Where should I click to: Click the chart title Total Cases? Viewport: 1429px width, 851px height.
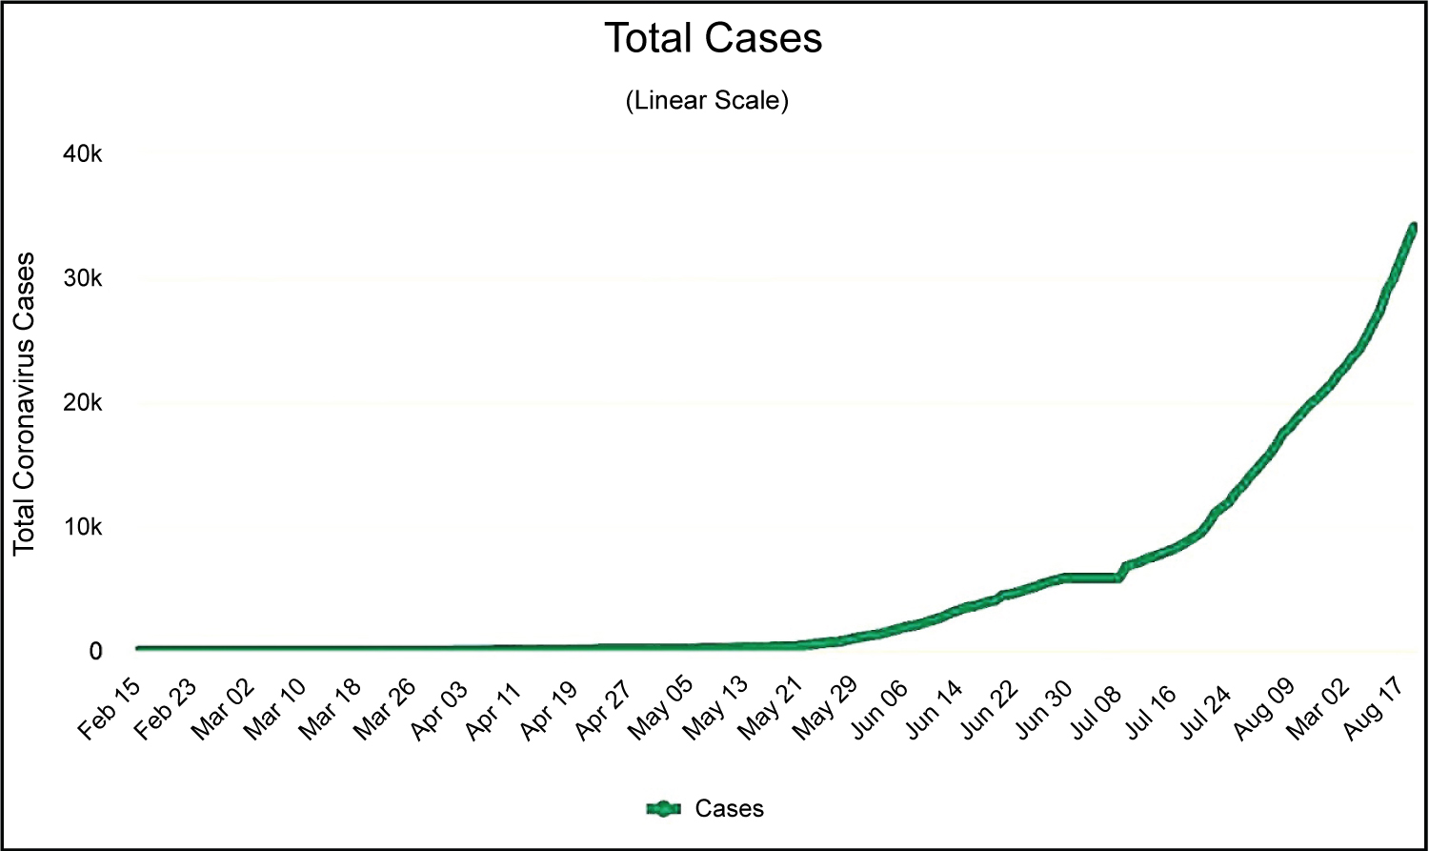click(714, 38)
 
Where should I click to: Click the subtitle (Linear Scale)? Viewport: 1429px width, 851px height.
click(707, 100)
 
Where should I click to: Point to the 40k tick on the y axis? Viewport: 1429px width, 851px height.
click(82, 154)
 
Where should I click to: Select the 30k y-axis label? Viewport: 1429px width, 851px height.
click(82, 278)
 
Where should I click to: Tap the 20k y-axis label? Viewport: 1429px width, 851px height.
click(82, 403)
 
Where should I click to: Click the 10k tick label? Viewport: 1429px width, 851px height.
click(82, 527)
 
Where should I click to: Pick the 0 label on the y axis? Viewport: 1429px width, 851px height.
click(95, 652)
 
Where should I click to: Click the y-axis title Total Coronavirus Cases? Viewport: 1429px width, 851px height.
click(24, 404)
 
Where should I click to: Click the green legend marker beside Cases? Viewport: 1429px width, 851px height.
click(664, 809)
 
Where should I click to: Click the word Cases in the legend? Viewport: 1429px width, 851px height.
click(729, 809)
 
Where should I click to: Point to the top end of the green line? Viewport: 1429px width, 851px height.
click(1413, 227)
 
